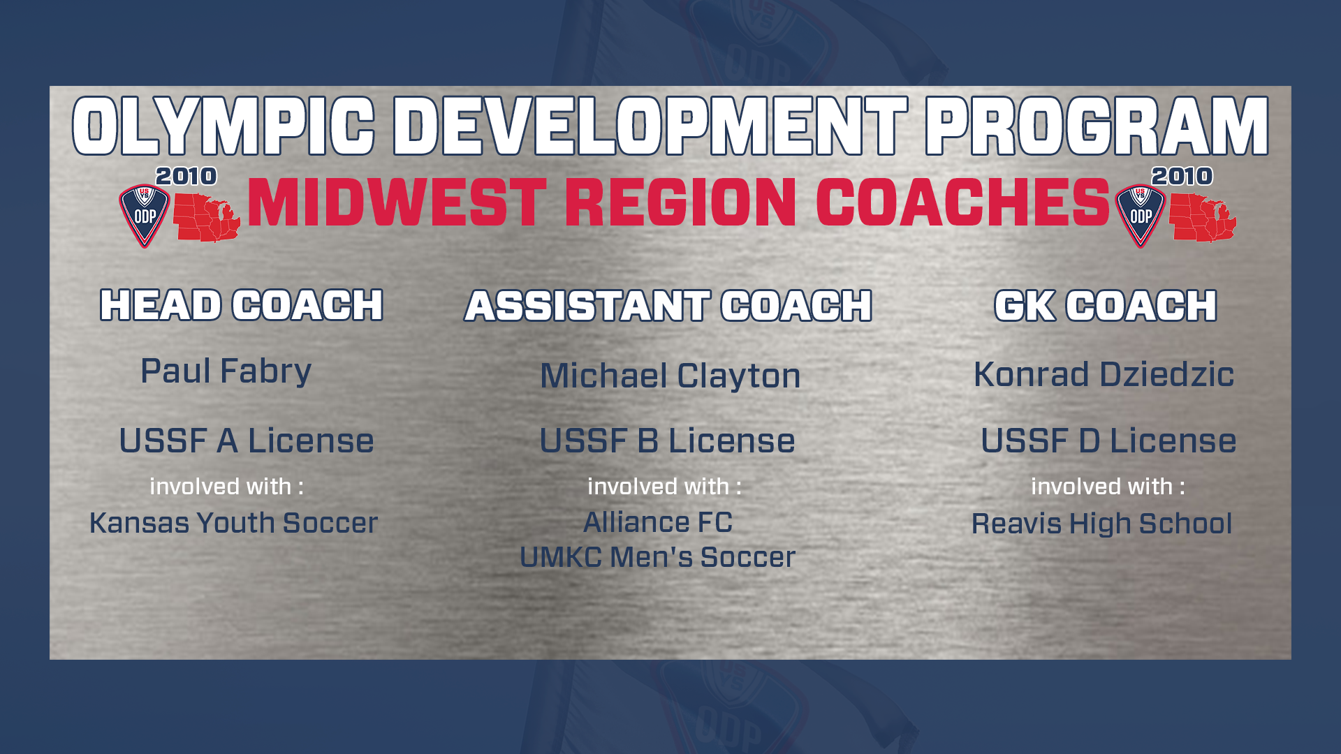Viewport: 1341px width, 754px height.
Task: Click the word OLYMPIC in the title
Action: point(223,126)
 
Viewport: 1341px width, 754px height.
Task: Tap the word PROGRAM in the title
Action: point(1097,126)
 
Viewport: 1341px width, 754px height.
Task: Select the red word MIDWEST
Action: point(397,202)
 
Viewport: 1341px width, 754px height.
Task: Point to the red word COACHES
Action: point(962,202)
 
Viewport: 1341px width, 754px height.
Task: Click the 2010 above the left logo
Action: point(186,176)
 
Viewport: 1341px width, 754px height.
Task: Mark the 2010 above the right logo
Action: point(1182,176)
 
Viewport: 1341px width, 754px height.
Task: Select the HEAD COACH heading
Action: point(242,305)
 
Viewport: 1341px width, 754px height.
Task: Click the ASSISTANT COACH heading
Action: point(668,306)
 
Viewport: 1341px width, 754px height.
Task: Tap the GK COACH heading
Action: point(1106,306)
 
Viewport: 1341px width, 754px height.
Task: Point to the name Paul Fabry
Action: point(226,371)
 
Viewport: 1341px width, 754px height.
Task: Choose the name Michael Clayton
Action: point(670,376)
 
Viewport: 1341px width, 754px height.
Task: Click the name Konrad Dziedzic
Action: point(1104,374)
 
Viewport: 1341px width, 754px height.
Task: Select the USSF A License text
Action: point(247,441)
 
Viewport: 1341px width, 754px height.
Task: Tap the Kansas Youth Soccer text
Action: point(233,523)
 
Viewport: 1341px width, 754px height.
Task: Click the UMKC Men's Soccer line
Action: point(657,557)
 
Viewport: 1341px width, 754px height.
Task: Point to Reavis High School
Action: point(1101,524)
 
